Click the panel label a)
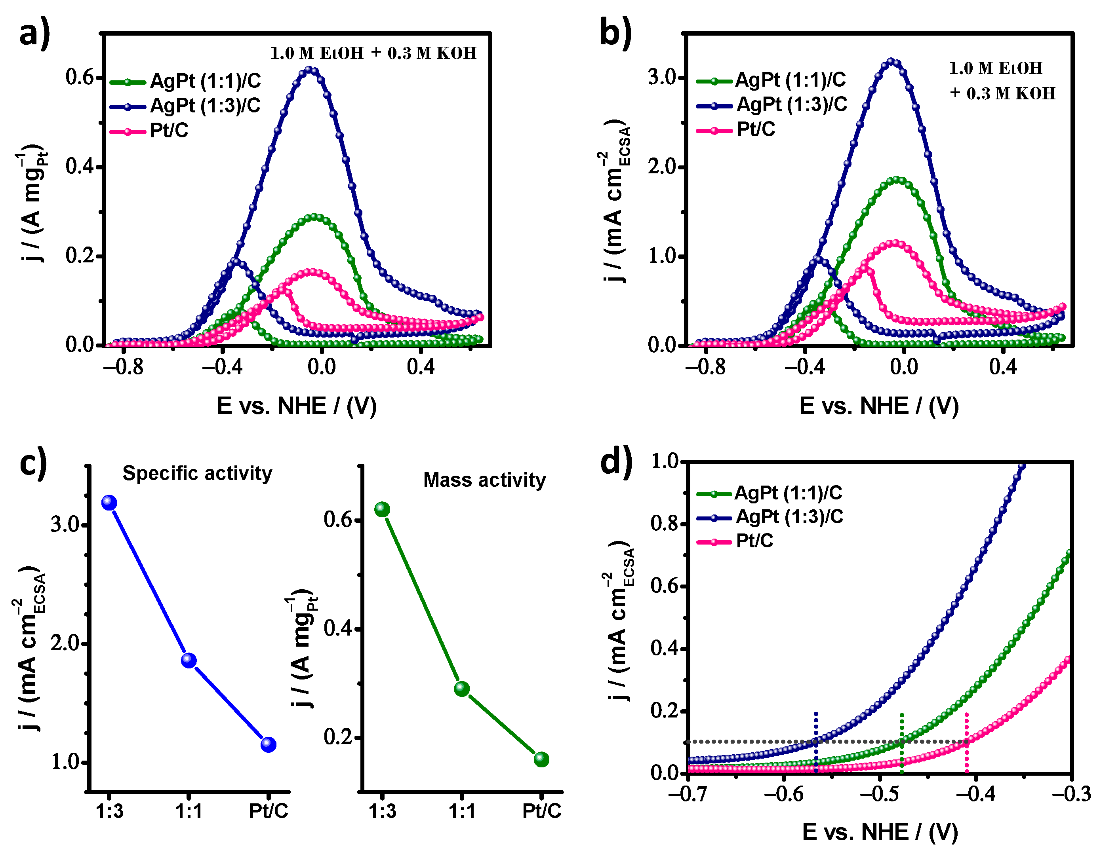[34, 33]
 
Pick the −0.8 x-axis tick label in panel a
[123, 367]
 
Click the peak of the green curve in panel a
[315, 217]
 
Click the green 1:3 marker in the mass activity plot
[382, 509]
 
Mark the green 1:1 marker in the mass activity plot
[462, 689]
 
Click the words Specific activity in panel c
[197, 474]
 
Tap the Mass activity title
[484, 480]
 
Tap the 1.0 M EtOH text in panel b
[995, 68]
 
